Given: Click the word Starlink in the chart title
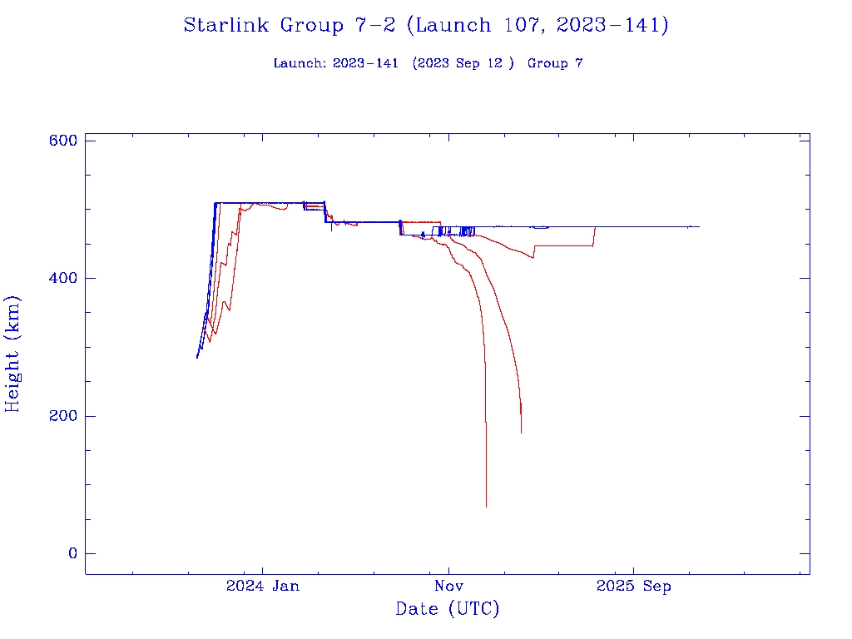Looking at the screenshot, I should [228, 25].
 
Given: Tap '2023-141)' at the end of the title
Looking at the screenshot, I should [612, 25].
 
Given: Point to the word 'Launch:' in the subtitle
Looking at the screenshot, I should [300, 63].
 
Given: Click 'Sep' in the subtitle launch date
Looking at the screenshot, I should [469, 63].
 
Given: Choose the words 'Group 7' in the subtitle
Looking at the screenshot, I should [555, 63].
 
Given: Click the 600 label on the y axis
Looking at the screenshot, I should [63, 141].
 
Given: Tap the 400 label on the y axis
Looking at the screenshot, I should [63, 278].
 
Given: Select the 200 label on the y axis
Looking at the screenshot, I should [63, 416].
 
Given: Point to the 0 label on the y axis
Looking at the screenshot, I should [72, 553].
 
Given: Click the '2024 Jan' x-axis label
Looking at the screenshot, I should [263, 587].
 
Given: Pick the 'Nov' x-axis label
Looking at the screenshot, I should [448, 587].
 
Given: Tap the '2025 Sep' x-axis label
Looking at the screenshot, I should [634, 587].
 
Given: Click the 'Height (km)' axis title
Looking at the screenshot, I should [12, 353].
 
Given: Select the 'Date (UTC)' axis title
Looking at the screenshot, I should [448, 609].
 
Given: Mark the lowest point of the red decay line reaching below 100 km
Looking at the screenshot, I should [487, 507].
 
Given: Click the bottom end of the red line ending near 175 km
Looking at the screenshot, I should [522, 433].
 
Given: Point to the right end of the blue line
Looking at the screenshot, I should [699, 226].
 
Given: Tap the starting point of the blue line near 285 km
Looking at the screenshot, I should [197, 357].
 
